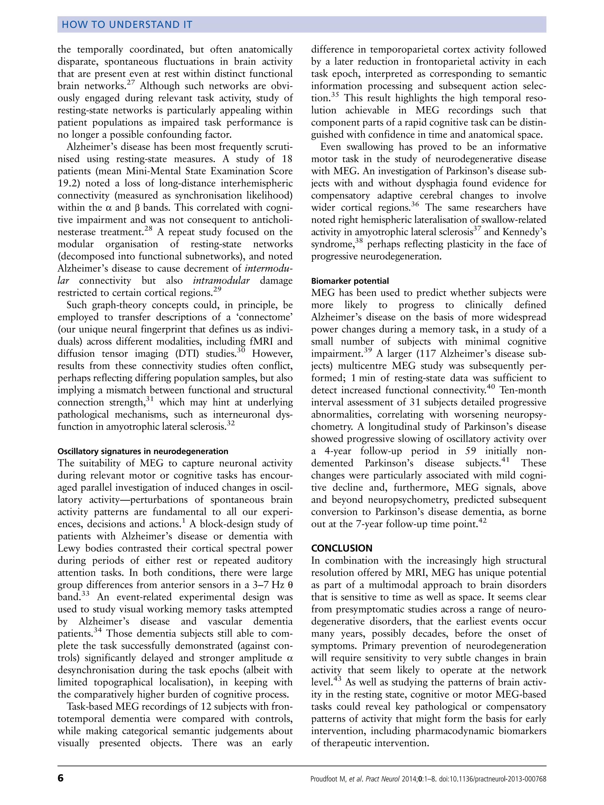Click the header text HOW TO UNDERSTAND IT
pos(127,25)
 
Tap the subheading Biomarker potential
pos(350,281)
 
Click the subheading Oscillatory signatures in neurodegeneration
pos(143,451)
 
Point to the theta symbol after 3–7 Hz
pos(290,585)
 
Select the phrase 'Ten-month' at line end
pos(523,390)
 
